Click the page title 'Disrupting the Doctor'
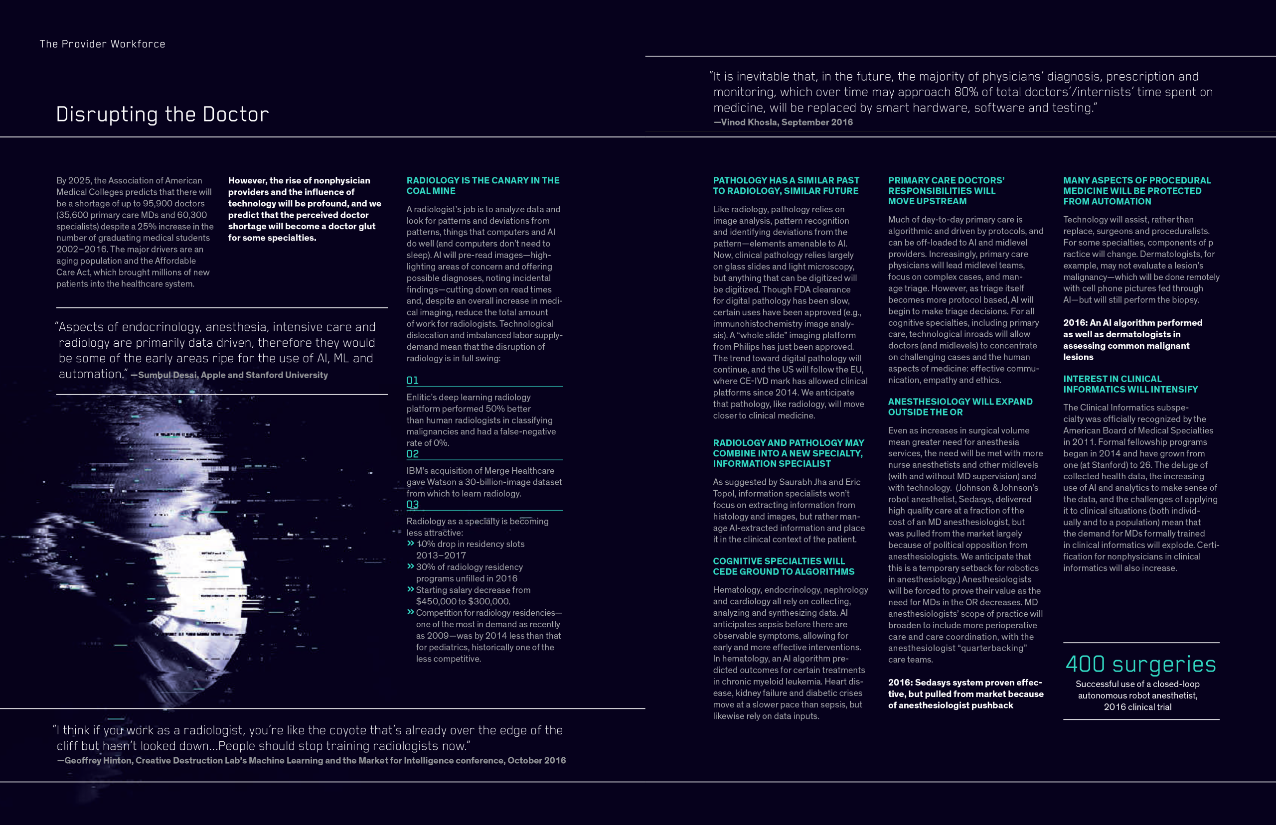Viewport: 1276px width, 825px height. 162,114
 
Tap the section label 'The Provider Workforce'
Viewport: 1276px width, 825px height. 102,44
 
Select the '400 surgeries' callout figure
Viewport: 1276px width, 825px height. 1140,664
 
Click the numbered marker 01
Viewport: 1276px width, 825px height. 412,380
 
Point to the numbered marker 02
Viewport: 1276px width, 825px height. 412,454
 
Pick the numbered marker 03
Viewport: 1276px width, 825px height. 412,505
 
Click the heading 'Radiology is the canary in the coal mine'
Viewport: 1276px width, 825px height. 482,185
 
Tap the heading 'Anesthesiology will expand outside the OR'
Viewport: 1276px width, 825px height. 960,407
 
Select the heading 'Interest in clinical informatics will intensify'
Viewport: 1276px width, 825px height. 1130,384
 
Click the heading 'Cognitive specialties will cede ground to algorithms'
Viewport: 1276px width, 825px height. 784,566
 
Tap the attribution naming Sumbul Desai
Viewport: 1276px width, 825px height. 233,375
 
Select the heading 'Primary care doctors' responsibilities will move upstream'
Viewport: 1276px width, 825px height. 946,191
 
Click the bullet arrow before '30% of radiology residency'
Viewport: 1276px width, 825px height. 411,566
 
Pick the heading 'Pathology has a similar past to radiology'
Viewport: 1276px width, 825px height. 786,185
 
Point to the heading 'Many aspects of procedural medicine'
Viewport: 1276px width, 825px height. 1136,191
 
